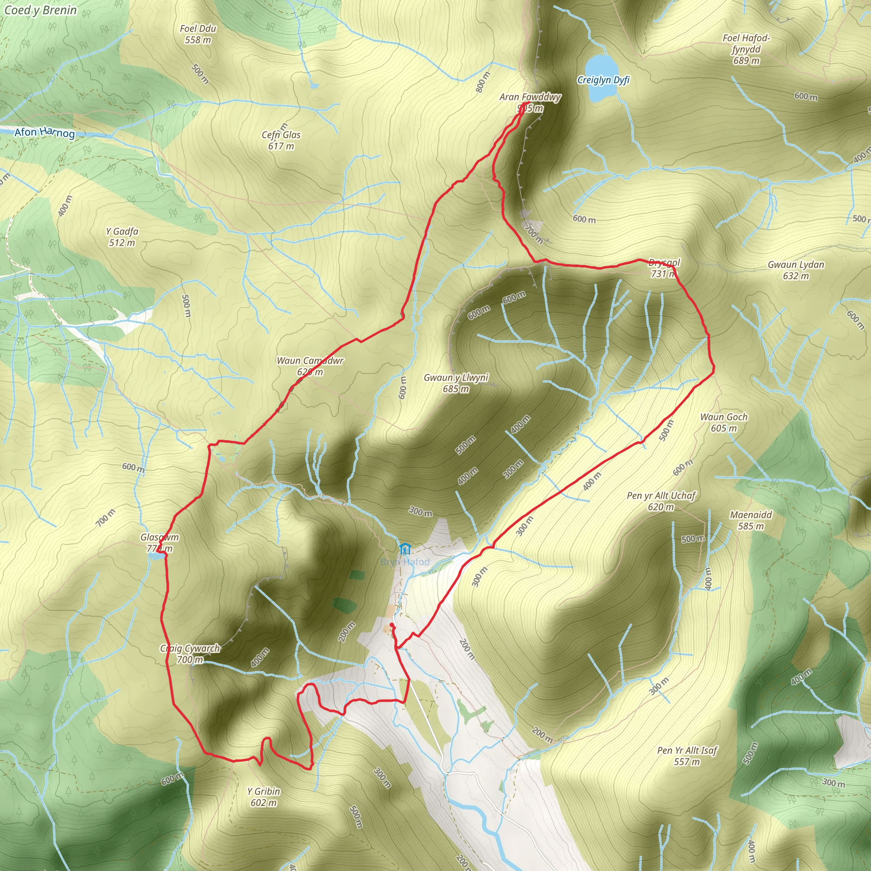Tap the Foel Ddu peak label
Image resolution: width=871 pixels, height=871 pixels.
(x=198, y=34)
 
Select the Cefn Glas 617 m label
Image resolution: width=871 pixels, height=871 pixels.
(x=281, y=140)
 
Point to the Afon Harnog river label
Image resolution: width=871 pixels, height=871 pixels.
(x=44, y=132)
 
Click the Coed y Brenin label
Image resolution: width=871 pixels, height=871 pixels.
(x=40, y=10)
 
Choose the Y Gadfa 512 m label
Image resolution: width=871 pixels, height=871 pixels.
(x=122, y=237)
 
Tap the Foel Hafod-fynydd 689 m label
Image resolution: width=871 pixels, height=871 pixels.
(x=746, y=49)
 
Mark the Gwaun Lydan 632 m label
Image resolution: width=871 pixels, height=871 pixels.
(x=796, y=270)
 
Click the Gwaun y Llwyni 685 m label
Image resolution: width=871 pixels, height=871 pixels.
(x=456, y=383)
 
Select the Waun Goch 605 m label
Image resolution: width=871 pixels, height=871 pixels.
(x=723, y=422)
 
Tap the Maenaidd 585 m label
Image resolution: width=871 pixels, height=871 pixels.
(x=751, y=520)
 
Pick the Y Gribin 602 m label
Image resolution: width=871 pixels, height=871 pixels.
(x=264, y=797)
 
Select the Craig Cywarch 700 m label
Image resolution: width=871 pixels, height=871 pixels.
(x=190, y=654)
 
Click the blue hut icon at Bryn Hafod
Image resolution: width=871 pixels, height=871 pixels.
(x=404, y=549)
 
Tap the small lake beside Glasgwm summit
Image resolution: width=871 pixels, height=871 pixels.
(x=156, y=556)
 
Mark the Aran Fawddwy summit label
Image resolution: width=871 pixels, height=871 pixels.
(x=530, y=102)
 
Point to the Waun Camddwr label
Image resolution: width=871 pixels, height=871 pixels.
(x=310, y=366)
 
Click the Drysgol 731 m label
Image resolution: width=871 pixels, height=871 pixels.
(x=663, y=268)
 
